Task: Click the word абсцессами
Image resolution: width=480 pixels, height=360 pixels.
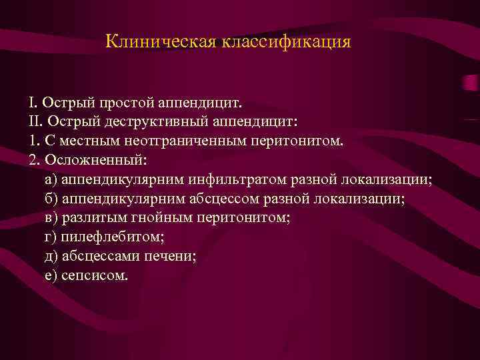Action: click(101, 256)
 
